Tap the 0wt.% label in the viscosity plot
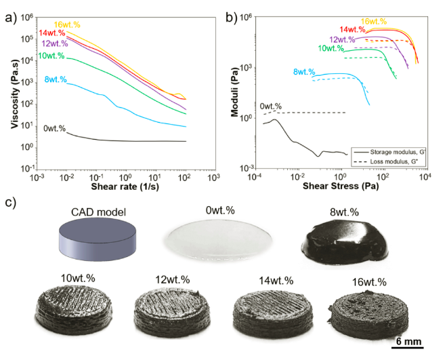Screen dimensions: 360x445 [x=54, y=128]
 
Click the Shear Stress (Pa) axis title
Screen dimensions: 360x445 [x=339, y=187]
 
